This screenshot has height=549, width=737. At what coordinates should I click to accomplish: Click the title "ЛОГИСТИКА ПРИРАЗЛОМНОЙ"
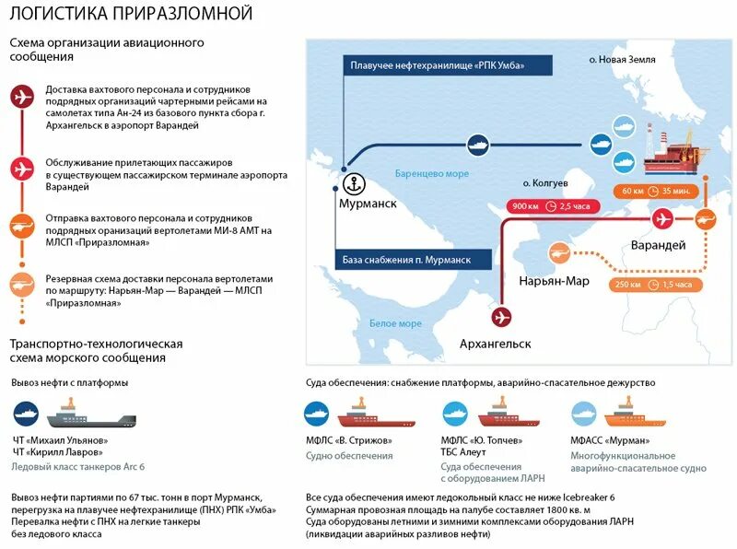pos(131,13)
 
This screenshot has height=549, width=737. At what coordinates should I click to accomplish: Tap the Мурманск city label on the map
pos(366,204)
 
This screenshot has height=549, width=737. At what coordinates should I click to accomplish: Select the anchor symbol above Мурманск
pos(350,181)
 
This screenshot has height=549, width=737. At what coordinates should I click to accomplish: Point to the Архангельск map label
pos(496,344)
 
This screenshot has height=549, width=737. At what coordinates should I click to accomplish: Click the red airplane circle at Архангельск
pos(502,317)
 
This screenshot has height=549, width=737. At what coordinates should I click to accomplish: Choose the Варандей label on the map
pos(658,245)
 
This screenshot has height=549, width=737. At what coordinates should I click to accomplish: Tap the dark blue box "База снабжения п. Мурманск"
pos(404,260)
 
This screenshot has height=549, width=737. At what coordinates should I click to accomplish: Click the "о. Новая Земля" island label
pos(622,59)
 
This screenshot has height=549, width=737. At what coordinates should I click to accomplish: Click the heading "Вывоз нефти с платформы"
pos(70,382)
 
